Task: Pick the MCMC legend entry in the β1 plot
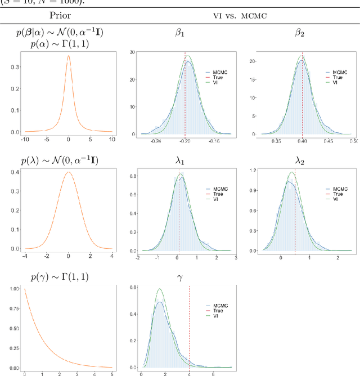pos(217,73)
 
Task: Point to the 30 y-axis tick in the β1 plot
pos(133,52)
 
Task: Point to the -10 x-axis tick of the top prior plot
pos(24,138)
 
